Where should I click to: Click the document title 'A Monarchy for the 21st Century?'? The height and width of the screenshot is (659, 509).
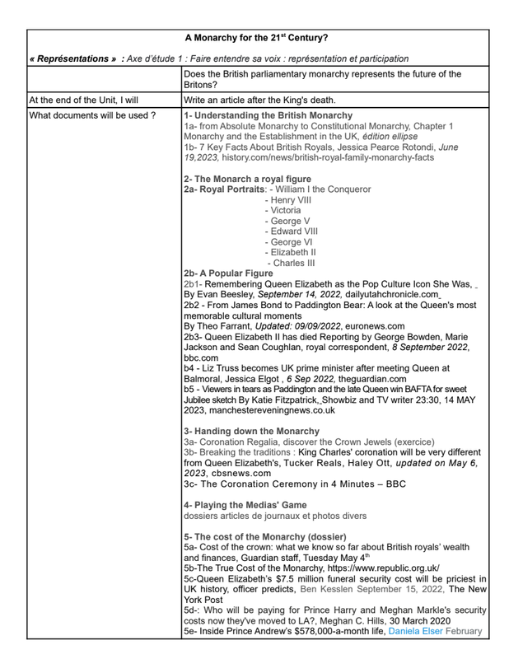coord(255,38)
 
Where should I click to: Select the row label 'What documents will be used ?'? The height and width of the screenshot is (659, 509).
coord(92,115)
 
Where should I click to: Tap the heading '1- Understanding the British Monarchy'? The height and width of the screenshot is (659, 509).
coord(269,115)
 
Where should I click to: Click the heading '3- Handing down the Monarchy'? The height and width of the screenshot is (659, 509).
coord(252,431)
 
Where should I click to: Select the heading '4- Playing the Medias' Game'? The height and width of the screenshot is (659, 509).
coord(245,505)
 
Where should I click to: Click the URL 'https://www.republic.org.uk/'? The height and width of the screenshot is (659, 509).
coord(373,568)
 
